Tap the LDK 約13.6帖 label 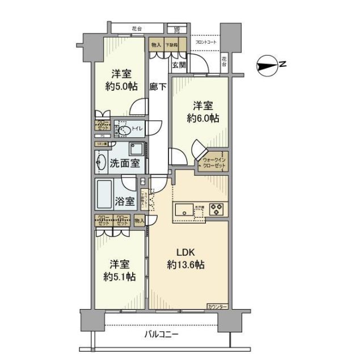tap(187, 258)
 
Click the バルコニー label tap(161, 334)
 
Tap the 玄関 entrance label tap(179, 65)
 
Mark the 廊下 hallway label tap(158, 87)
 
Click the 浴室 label tap(124, 201)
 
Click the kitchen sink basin tap(184, 210)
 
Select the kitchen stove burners tap(217, 209)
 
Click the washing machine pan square tap(137, 150)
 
